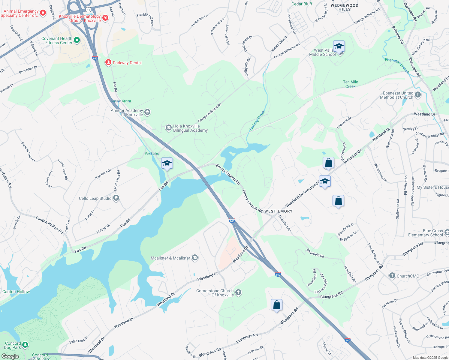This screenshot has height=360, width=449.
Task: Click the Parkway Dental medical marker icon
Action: (x=108, y=62)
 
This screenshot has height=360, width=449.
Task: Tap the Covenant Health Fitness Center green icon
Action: (x=77, y=40)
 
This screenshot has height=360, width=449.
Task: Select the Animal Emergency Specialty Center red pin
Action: (x=43, y=13)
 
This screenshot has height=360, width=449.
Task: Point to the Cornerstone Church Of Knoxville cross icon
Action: (x=238, y=292)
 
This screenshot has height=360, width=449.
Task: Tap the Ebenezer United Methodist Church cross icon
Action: (x=417, y=95)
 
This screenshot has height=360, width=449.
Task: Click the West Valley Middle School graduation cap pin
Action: (x=339, y=47)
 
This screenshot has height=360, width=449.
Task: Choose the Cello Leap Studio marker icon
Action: (x=116, y=198)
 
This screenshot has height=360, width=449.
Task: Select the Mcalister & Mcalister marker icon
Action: (x=195, y=258)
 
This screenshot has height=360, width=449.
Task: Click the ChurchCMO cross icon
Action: (x=392, y=276)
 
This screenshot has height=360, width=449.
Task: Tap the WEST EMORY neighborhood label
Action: (x=278, y=211)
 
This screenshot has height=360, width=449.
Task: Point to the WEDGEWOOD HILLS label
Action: (x=345, y=7)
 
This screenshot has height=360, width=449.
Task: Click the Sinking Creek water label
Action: (x=257, y=121)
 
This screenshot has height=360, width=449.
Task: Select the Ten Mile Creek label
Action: (x=350, y=84)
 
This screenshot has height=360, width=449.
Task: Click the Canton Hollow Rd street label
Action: (x=50, y=225)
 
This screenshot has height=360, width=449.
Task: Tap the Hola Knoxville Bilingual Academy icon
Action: (x=169, y=128)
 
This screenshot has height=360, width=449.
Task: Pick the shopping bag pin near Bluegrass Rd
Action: (x=276, y=305)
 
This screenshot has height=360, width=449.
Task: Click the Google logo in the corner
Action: (x=10, y=356)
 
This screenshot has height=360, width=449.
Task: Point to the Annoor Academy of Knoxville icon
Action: (x=147, y=112)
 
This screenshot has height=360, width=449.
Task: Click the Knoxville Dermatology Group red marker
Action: (x=105, y=18)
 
